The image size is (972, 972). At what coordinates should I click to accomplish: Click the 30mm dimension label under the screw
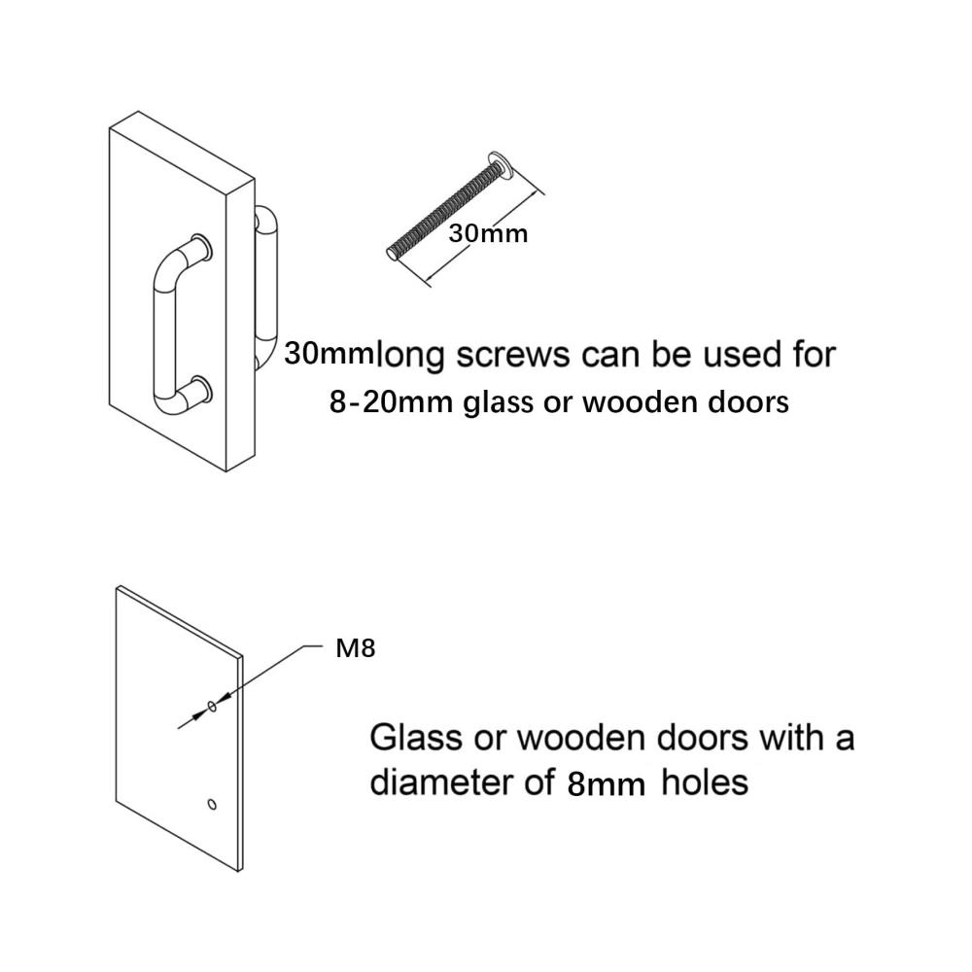[488, 233]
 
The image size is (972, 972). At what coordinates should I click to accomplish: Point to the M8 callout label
[355, 648]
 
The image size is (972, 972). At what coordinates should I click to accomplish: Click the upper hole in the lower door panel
[212, 706]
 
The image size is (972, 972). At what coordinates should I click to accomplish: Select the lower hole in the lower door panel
[212, 805]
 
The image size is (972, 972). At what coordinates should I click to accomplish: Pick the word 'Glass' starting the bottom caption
[416, 738]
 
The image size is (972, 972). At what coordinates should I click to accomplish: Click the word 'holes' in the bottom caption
[705, 782]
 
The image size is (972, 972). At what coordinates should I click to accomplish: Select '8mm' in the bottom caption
[607, 784]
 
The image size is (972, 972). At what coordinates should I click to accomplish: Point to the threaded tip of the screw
[393, 253]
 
